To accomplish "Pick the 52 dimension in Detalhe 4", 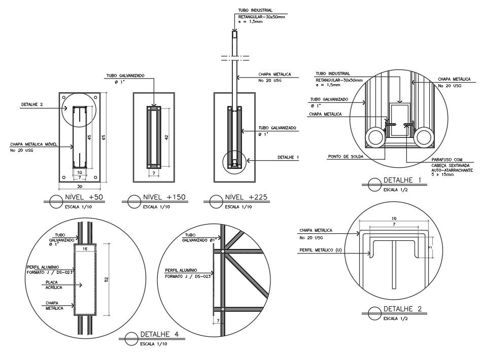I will pos(105,280).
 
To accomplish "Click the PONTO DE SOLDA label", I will pos(346,157).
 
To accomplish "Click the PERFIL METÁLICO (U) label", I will pos(320,250).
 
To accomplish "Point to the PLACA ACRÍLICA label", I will pos(54,284).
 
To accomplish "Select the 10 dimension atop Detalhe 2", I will pos(394,219).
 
